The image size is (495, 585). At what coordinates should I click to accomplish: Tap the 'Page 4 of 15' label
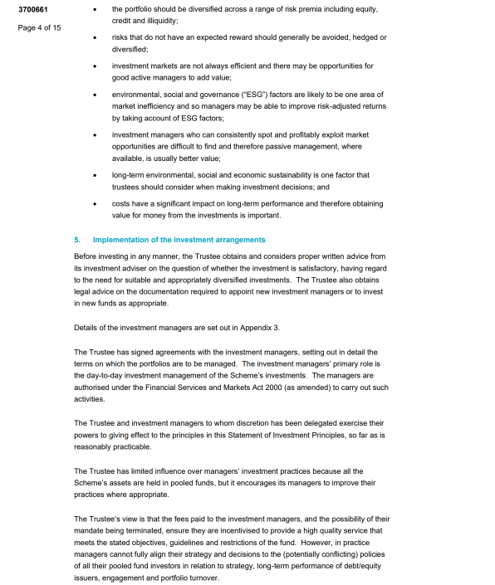[39, 27]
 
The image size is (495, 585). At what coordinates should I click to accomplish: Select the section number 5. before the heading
[77, 240]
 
